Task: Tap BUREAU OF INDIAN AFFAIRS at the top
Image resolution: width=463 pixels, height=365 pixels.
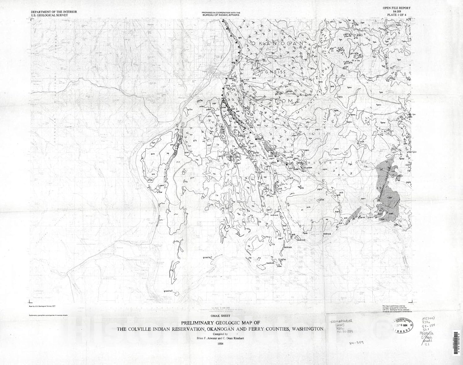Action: (x=221, y=15)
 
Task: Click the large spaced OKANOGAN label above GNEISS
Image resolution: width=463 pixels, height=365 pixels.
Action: (x=277, y=44)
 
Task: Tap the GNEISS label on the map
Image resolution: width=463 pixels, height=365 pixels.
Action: (x=275, y=72)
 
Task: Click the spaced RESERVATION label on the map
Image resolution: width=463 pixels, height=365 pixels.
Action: (x=331, y=162)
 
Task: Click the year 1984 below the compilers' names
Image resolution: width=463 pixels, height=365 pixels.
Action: (x=220, y=343)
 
